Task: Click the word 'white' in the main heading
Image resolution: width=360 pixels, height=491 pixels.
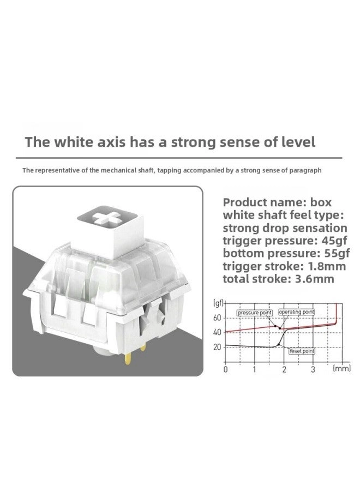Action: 74,142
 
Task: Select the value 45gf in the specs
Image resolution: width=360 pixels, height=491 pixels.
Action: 335,241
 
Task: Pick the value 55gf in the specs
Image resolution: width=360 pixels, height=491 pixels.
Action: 337,253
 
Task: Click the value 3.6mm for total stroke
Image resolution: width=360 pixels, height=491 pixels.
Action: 315,279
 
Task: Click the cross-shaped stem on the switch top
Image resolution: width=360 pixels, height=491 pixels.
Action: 107,217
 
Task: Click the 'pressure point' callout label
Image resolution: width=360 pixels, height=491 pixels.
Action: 255,313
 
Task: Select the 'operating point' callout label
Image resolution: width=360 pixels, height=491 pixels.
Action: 296,312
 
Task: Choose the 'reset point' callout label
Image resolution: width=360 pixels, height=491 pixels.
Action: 302,351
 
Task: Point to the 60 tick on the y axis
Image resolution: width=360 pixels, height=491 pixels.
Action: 217,318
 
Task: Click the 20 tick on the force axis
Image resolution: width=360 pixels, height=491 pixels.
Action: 217,347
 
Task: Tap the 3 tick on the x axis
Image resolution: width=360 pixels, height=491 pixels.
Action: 313,369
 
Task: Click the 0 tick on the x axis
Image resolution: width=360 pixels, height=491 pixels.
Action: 225,369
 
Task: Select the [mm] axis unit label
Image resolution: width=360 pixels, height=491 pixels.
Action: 341,369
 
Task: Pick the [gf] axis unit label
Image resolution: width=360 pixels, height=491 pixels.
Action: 218,303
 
